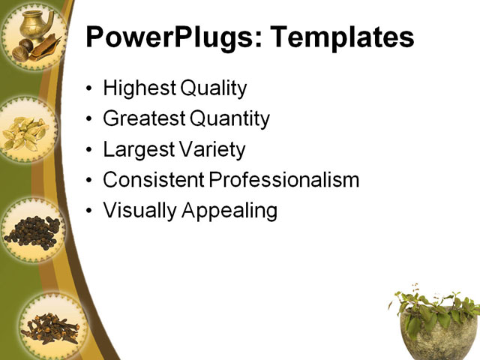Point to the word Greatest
pyautogui.click(x=143, y=118)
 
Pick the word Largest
pyautogui.click(x=137, y=149)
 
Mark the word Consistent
pyautogui.click(x=153, y=180)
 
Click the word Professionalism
pyautogui.click(x=284, y=180)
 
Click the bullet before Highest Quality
pyautogui.click(x=90, y=89)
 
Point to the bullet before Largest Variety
pyautogui.click(x=90, y=150)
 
